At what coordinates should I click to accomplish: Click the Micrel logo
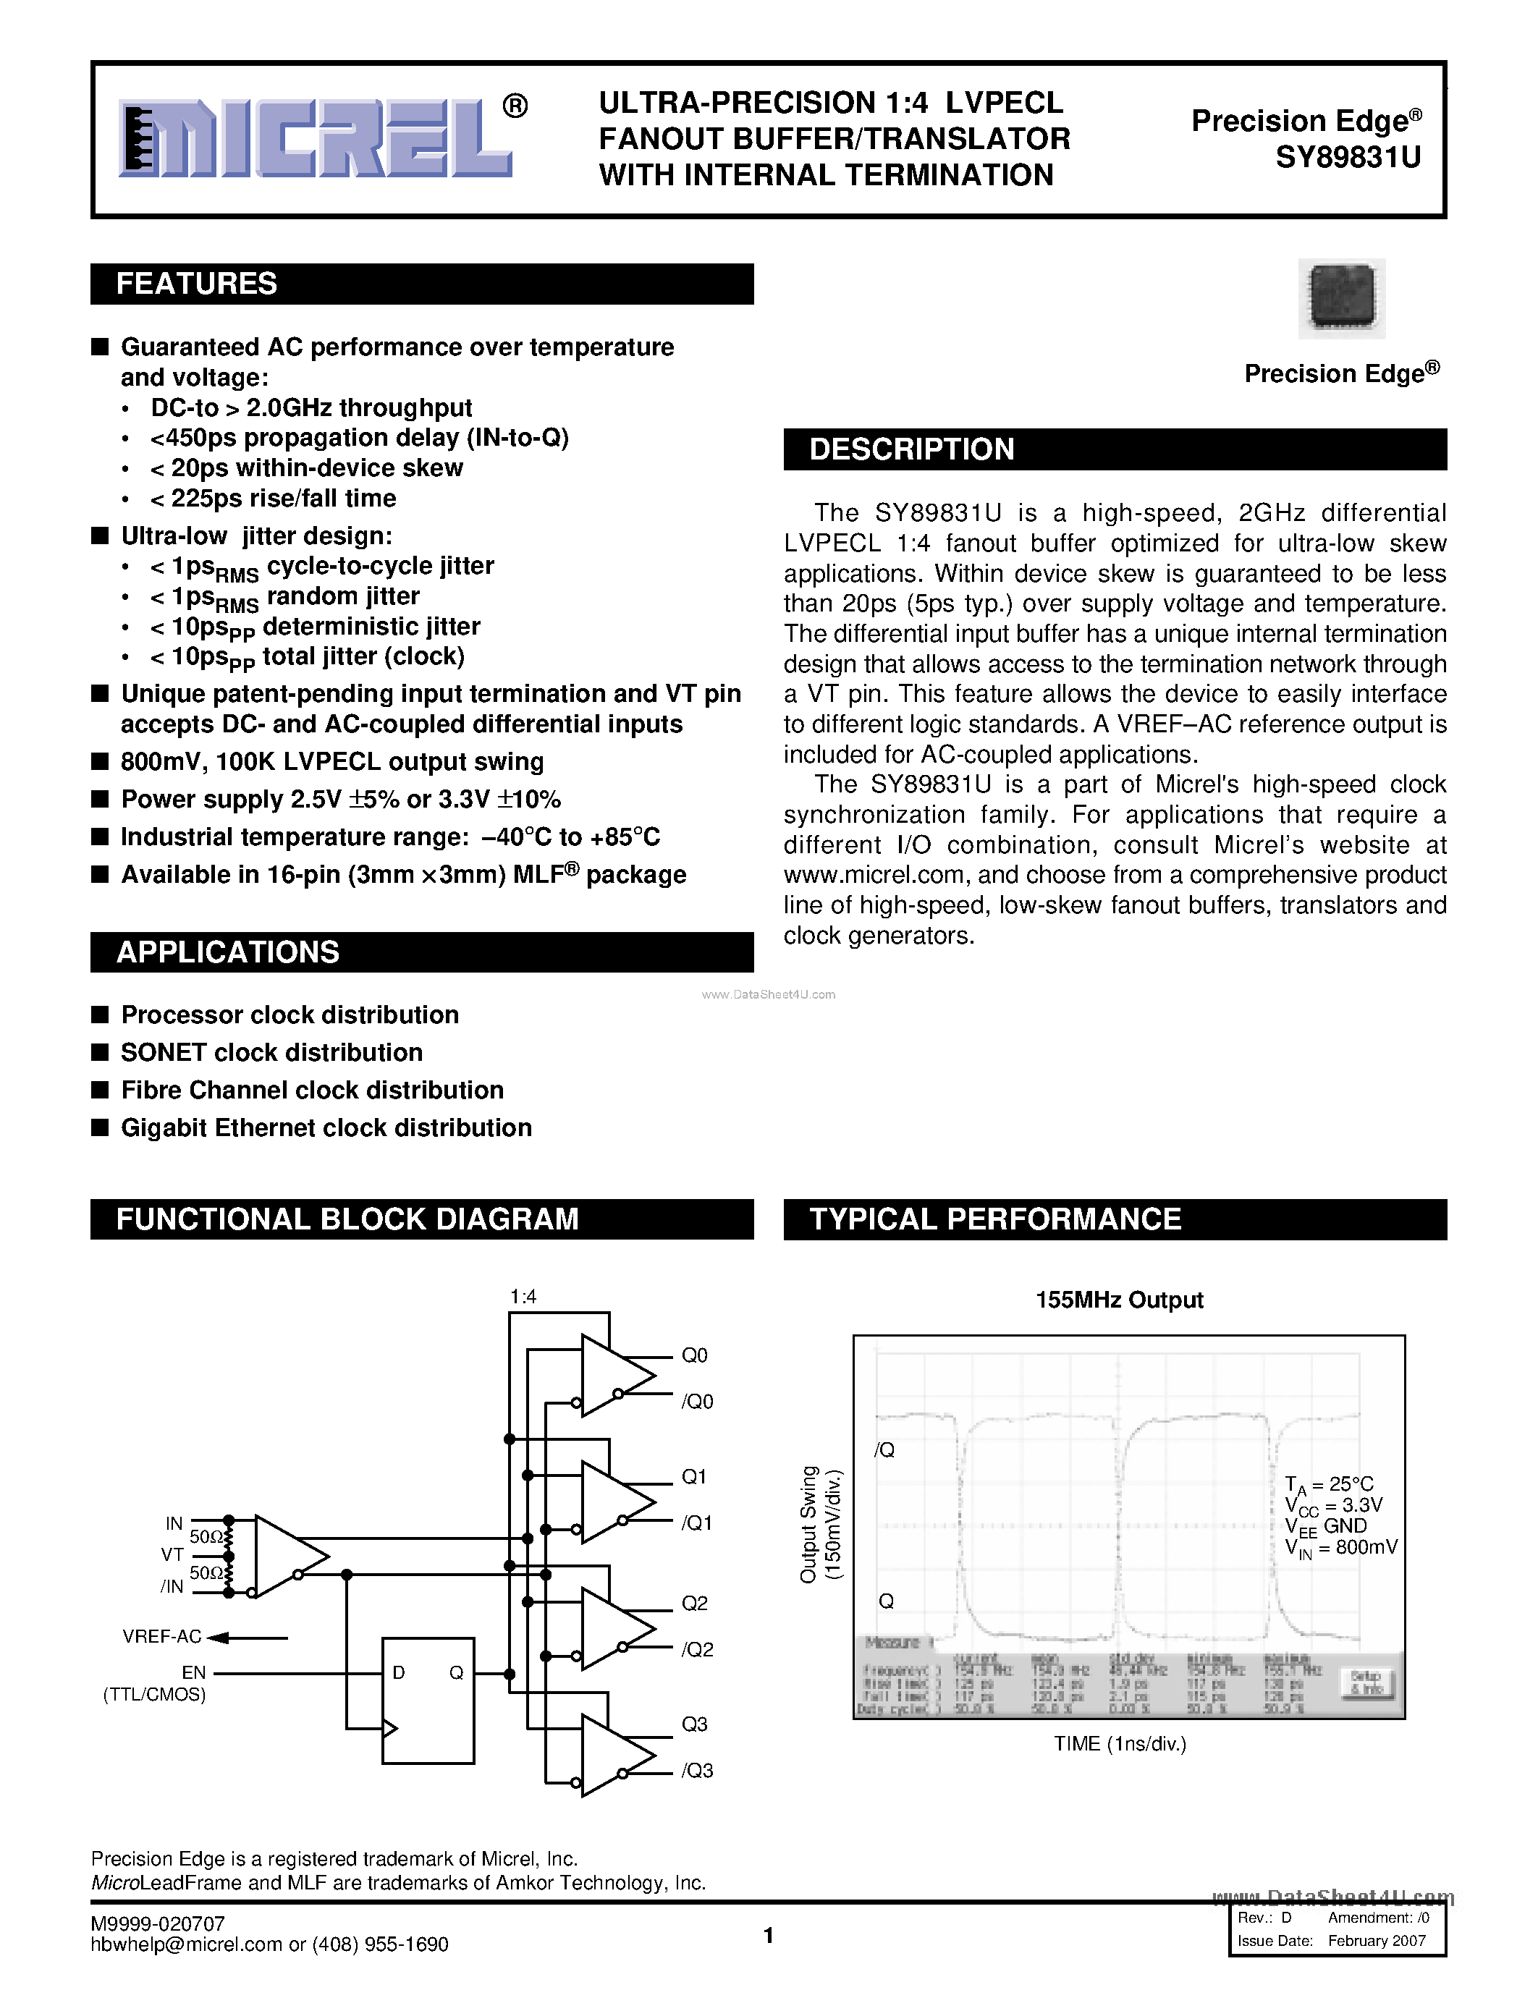click(316, 138)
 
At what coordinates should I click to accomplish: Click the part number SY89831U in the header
click(1348, 158)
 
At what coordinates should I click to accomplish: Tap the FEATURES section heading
click(197, 284)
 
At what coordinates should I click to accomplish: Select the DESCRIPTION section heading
click(911, 449)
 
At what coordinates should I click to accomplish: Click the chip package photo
click(1341, 298)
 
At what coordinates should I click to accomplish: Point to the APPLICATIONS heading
click(228, 952)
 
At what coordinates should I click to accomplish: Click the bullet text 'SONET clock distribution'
click(271, 1052)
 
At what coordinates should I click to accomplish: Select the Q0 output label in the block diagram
click(694, 1355)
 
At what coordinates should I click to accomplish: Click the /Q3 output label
click(697, 1771)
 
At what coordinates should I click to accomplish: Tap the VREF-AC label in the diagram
click(162, 1636)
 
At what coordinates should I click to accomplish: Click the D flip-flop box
click(427, 1701)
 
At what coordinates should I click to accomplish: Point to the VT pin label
click(172, 1554)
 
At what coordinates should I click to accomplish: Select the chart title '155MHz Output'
click(1119, 1300)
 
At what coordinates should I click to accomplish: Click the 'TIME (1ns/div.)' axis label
click(1120, 1744)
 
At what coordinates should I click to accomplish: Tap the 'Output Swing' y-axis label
click(808, 1523)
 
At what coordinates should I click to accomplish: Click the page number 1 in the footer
click(768, 1935)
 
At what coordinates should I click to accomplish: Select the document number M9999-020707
click(158, 1923)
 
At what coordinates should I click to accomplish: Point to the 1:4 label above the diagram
click(523, 1296)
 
